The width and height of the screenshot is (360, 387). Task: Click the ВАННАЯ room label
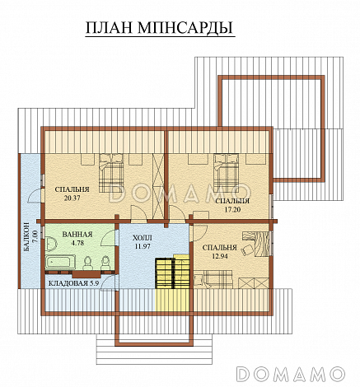tap(77, 235)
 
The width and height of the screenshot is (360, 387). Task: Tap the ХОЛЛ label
tap(142, 236)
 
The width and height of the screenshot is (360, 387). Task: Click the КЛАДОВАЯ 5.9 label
tap(74, 284)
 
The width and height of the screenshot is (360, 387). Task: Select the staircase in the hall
tap(167, 273)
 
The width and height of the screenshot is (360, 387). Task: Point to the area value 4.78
tap(77, 244)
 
